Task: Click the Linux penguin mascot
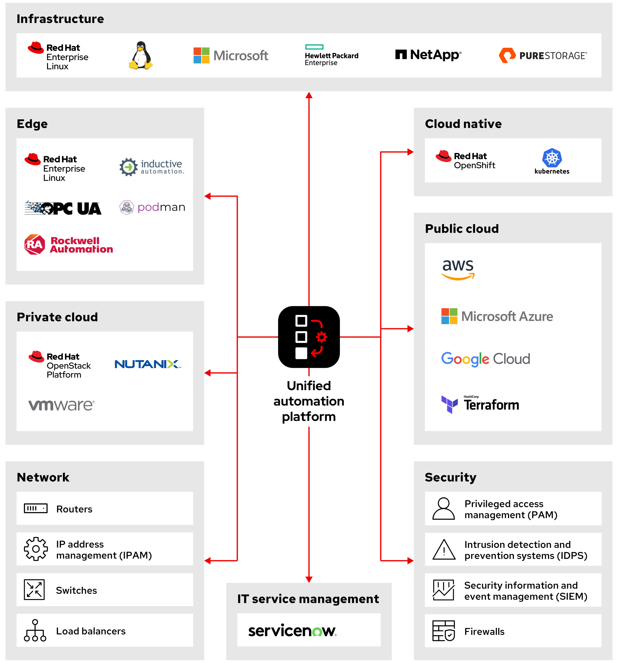[x=141, y=55]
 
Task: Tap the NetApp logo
[x=428, y=55]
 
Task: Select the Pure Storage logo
[x=543, y=55]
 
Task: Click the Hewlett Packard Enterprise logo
[x=331, y=55]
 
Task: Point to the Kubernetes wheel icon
[x=552, y=158]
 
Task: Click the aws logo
[x=458, y=269]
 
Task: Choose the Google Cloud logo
[x=485, y=359]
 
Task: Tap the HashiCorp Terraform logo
[x=480, y=404]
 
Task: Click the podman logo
[x=152, y=207]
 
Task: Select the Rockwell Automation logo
[x=69, y=245]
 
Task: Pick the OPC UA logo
[x=63, y=208]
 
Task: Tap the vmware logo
[x=62, y=405]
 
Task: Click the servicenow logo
[x=292, y=631]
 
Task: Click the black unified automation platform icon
[x=309, y=337]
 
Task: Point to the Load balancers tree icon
[x=35, y=630]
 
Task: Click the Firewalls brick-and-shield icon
[x=443, y=631]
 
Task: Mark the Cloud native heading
[x=463, y=124]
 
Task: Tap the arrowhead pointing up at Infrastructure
[x=309, y=95]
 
